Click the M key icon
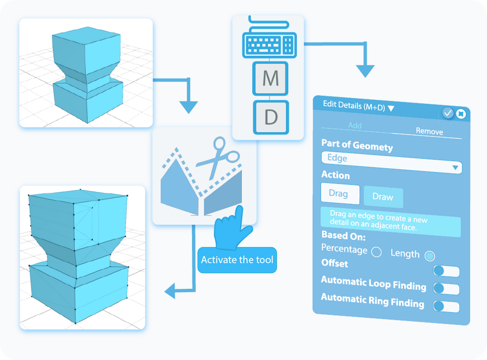click(x=270, y=78)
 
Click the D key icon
click(x=270, y=117)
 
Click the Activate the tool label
click(x=237, y=260)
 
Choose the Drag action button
click(x=338, y=194)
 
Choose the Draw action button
click(x=383, y=197)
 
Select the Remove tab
click(x=429, y=131)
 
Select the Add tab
click(x=355, y=126)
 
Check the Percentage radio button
click(x=376, y=252)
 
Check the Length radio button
click(x=429, y=256)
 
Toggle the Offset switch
click(x=446, y=271)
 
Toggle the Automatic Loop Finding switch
click(x=446, y=288)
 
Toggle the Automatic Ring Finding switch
click(x=446, y=306)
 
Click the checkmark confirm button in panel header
click(x=448, y=113)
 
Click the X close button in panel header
click(x=460, y=114)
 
